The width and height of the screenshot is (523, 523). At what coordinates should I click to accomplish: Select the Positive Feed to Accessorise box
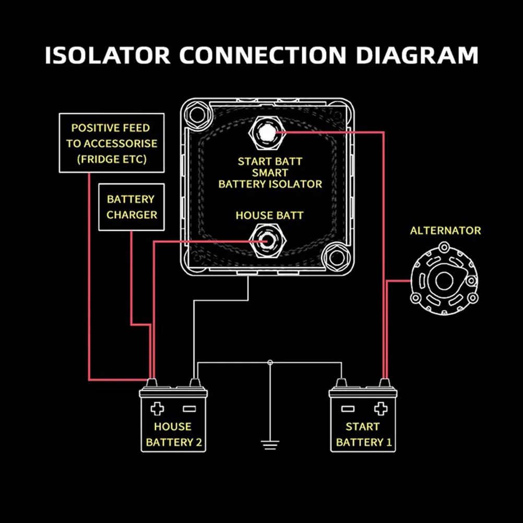click(111, 143)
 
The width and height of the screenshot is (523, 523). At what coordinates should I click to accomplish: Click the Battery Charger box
click(131, 207)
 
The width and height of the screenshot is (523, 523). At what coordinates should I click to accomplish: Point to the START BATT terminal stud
click(266, 133)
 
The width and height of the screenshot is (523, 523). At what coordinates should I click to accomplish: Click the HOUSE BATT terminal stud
click(266, 241)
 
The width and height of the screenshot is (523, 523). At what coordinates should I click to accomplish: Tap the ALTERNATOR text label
click(445, 231)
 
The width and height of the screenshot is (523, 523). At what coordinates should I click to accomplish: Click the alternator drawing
click(444, 281)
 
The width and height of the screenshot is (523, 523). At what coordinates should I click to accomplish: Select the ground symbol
click(270, 444)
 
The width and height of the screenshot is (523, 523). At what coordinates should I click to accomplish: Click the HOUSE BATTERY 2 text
click(173, 434)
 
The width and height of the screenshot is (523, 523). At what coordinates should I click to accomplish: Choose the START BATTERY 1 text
click(363, 434)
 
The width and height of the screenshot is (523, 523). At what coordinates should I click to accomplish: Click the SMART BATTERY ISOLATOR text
click(270, 178)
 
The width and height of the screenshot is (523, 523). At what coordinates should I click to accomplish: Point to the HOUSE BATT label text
click(269, 215)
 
